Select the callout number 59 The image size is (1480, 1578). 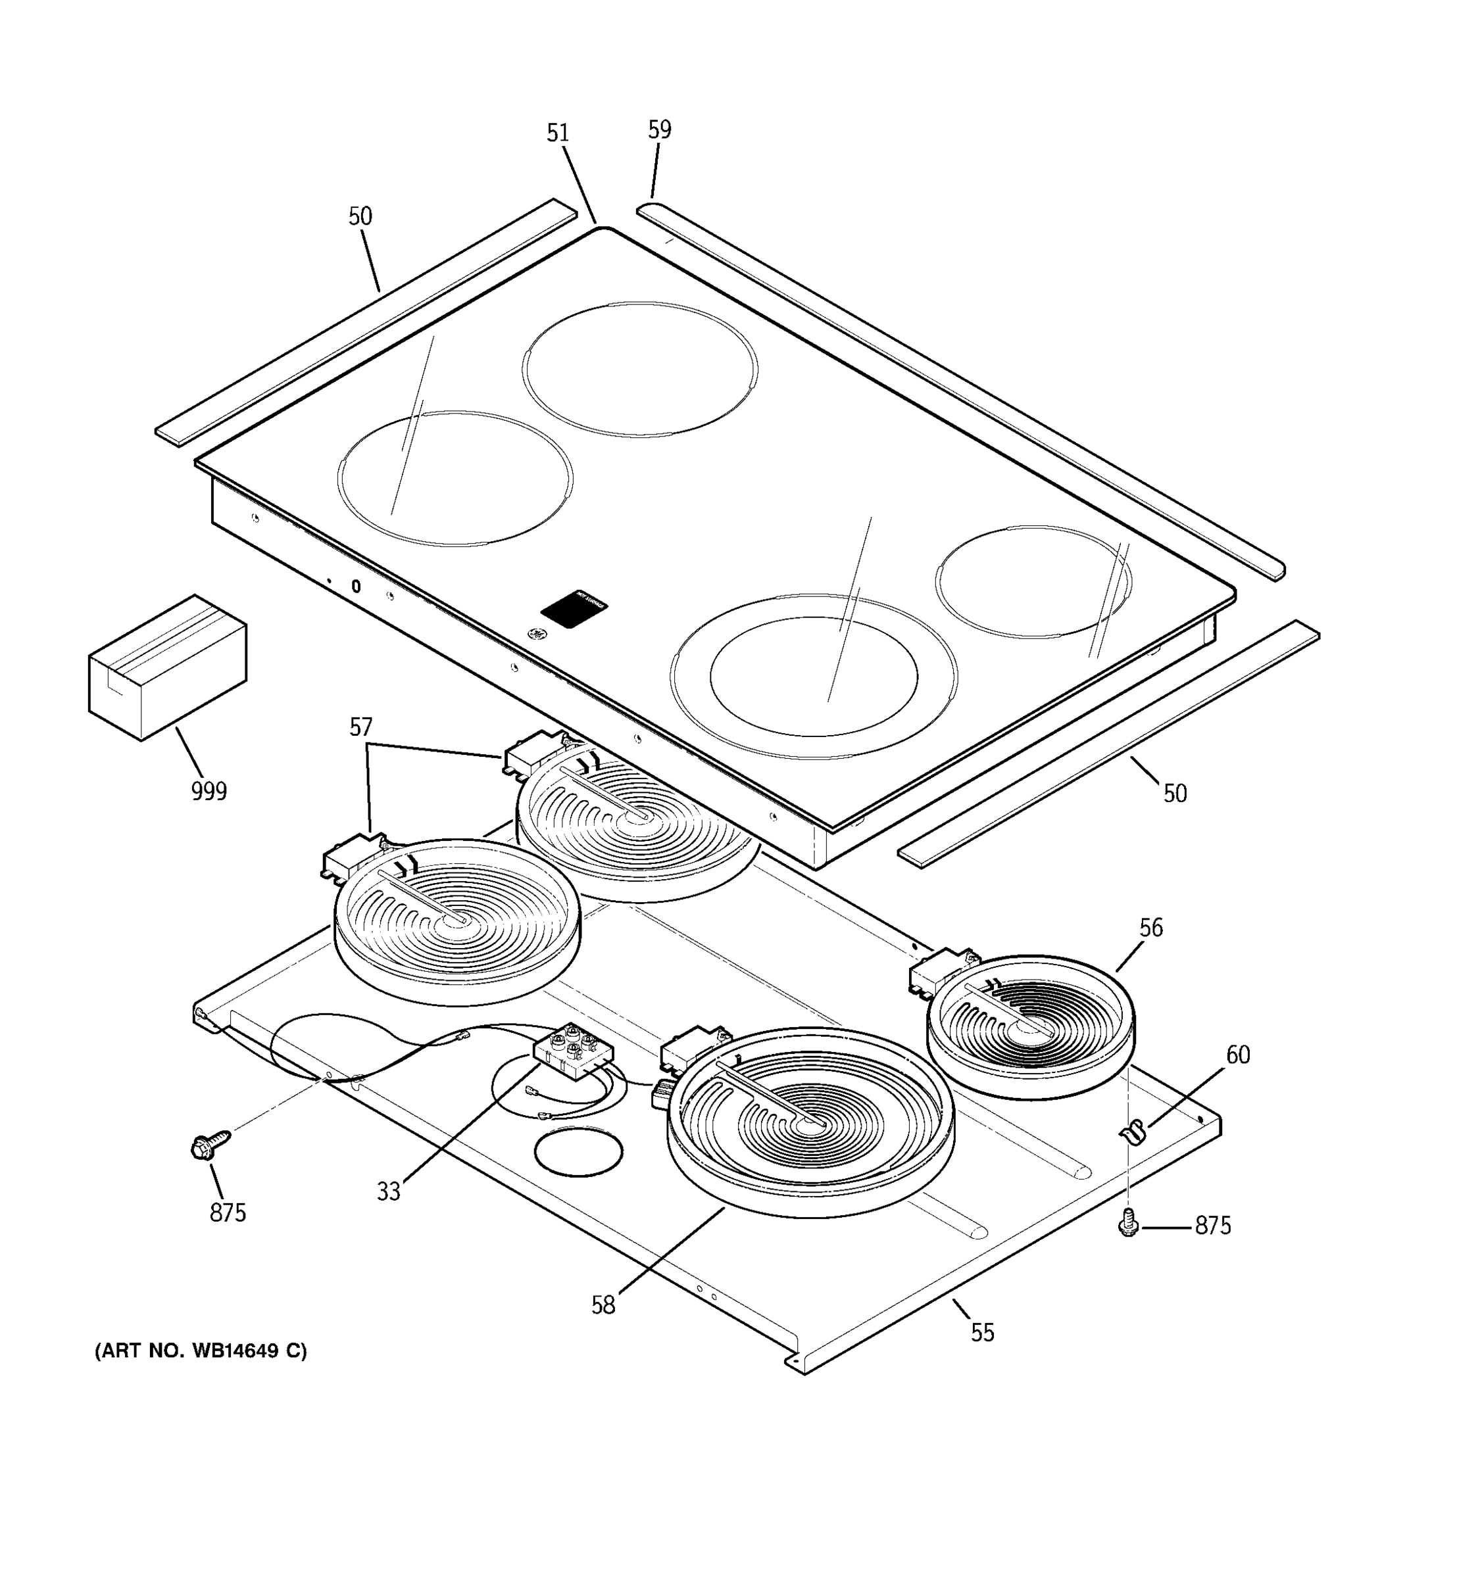click(659, 130)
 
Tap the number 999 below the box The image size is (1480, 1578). click(209, 792)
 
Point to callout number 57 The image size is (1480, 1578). click(360, 727)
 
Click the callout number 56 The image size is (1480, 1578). click(1150, 928)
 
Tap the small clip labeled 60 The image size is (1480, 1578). click(1133, 1132)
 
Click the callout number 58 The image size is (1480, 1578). click(603, 1306)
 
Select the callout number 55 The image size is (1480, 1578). click(982, 1333)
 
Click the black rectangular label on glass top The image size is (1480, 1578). click(575, 610)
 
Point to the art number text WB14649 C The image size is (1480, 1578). click(200, 1351)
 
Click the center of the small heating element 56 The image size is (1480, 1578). click(1031, 1026)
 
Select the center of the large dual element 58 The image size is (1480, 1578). click(810, 1122)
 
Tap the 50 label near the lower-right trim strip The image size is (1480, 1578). click(1174, 793)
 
